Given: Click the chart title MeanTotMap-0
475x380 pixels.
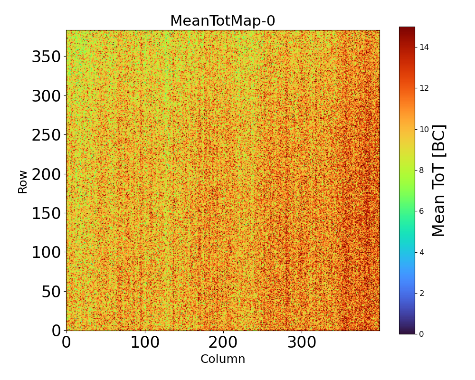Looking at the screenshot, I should pyautogui.click(x=223, y=21).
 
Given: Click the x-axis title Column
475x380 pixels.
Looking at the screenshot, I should pyautogui.click(x=223, y=359).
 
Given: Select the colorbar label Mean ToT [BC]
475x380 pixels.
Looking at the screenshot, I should pyautogui.click(x=439, y=180).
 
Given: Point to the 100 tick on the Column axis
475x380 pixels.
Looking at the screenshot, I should pyautogui.click(x=144, y=343).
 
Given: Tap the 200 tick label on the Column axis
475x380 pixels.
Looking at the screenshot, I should pyautogui.click(x=223, y=343).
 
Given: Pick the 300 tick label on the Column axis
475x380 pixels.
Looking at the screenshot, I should pyautogui.click(x=301, y=343).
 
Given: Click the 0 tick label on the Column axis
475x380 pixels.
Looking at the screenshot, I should pyautogui.click(x=66, y=343).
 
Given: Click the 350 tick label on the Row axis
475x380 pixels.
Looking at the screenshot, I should pyautogui.click(x=46, y=57).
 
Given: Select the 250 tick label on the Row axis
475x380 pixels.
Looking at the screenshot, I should pyautogui.click(x=46, y=135).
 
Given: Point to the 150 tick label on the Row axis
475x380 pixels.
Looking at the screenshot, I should pyautogui.click(x=46, y=213).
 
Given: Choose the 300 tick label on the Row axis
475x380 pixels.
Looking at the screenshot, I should pyautogui.click(x=46, y=96).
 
